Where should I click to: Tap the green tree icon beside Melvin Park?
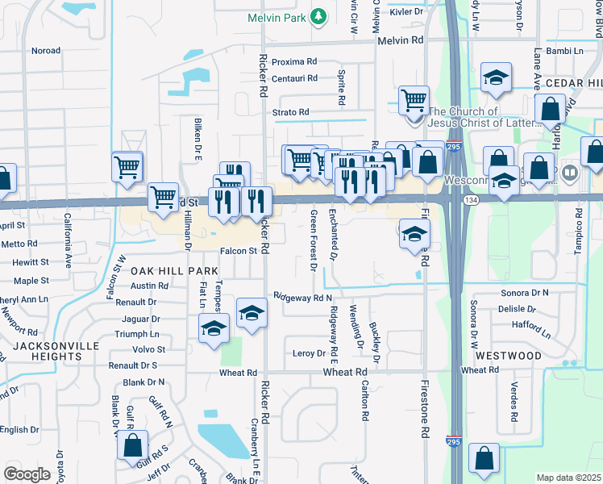pos(319,15)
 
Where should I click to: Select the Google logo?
pos(27,474)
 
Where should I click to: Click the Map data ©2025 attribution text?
pos(568,478)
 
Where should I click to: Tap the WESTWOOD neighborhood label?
pos(508,355)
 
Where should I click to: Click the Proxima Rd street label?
pos(294,61)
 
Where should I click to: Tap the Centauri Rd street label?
pos(294,78)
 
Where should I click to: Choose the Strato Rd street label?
pos(290,112)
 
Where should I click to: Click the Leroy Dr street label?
pos(309,353)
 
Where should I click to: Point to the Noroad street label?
pos(46,50)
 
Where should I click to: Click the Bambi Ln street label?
pos(564,51)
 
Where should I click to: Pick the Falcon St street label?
pos(239,251)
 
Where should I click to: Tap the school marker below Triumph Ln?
pos(214,328)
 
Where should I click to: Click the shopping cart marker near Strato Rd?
pos(414,101)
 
